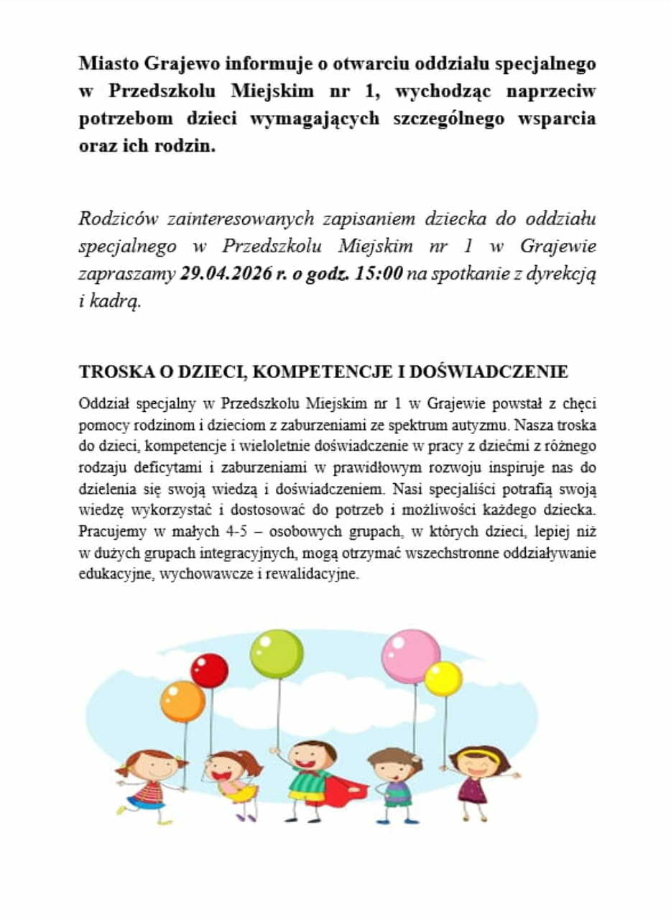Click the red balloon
(x=209, y=670)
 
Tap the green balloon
(x=277, y=653)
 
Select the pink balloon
(x=410, y=655)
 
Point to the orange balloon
(x=182, y=701)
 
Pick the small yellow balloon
(x=443, y=678)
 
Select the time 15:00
(x=379, y=273)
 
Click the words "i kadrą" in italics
(x=110, y=300)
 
